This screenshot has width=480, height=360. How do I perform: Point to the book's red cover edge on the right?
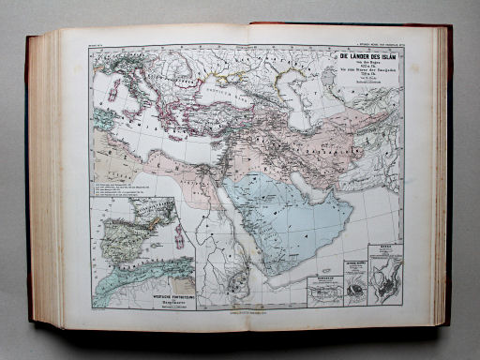coord(448,178)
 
